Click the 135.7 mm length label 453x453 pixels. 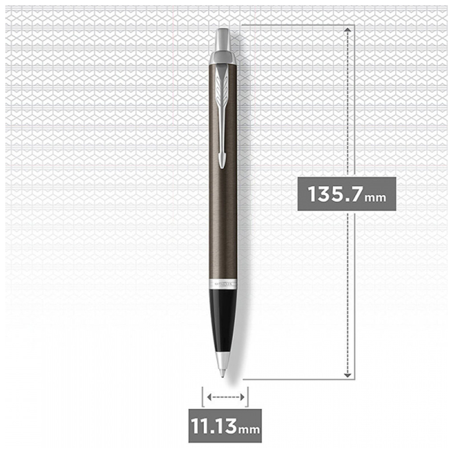[x=346, y=194]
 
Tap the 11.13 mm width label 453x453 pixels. [x=225, y=426]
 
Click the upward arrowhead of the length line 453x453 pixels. [x=348, y=29]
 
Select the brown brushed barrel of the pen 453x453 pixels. [x=223, y=212]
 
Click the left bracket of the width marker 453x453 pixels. [x=203, y=397]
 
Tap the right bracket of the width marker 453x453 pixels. [x=247, y=397]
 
